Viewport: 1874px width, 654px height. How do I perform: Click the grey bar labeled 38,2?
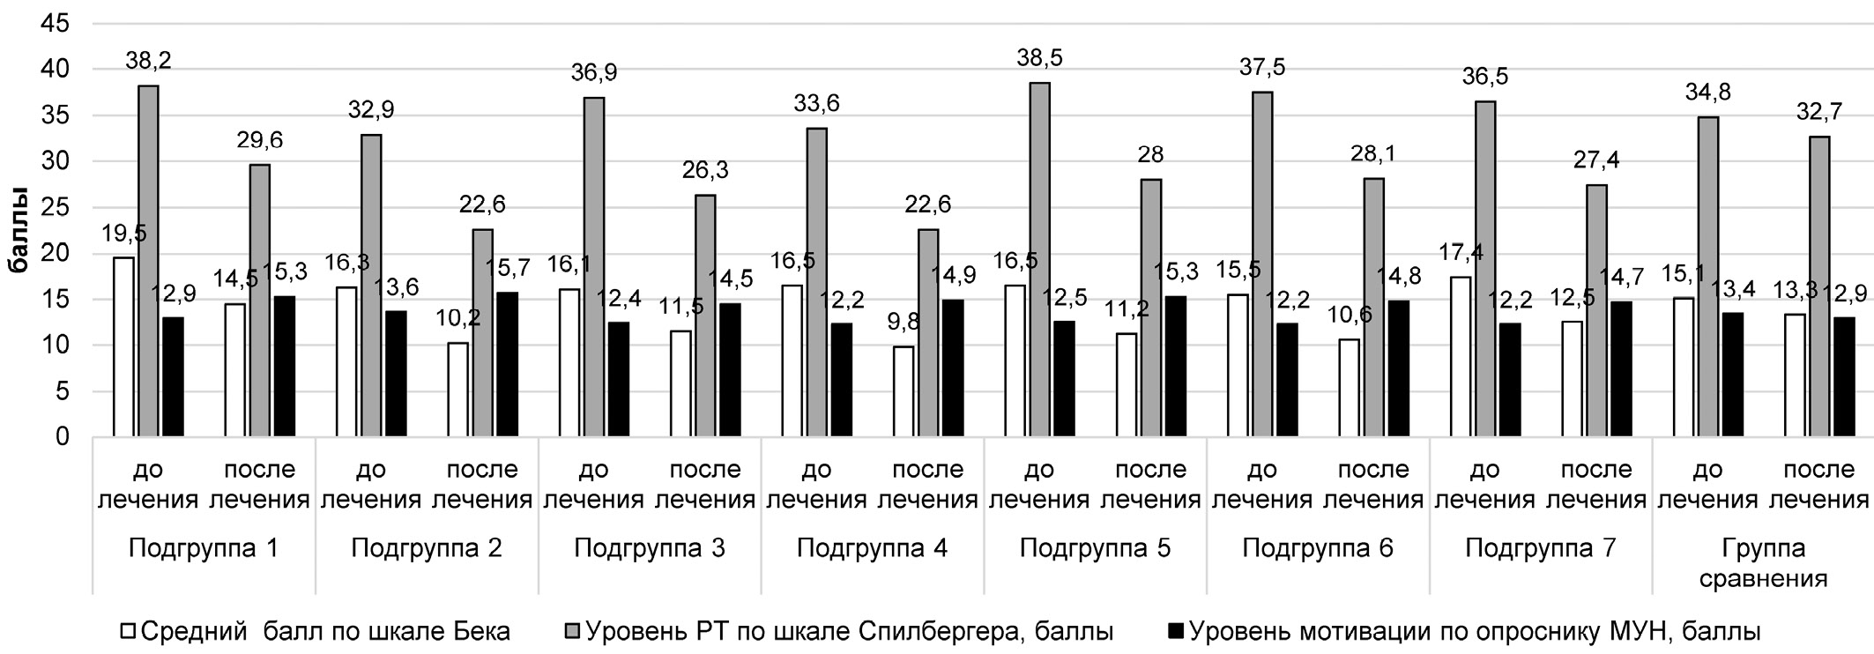pos(147,261)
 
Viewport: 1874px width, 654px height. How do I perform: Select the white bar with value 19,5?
pos(123,347)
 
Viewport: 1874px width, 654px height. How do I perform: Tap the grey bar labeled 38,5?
pos(1039,260)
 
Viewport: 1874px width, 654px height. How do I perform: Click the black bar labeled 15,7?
pos(508,365)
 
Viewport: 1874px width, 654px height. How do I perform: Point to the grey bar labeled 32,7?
pos(1818,286)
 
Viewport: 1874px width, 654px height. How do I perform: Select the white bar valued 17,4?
pos(1460,357)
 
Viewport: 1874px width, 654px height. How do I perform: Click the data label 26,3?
pos(705,169)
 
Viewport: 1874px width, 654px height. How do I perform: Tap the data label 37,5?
pos(1261,68)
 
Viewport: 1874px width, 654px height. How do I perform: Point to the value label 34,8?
pos(1707,92)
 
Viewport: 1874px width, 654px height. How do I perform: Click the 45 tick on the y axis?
pos(55,24)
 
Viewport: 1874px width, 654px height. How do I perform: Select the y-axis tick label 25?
pos(55,208)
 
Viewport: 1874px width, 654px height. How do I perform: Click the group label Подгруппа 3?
pos(650,548)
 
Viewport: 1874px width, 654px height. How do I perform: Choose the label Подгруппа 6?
pos(1318,548)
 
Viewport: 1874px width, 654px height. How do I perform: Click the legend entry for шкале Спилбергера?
pos(837,631)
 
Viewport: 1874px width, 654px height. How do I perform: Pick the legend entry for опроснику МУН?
pos(1463,631)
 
